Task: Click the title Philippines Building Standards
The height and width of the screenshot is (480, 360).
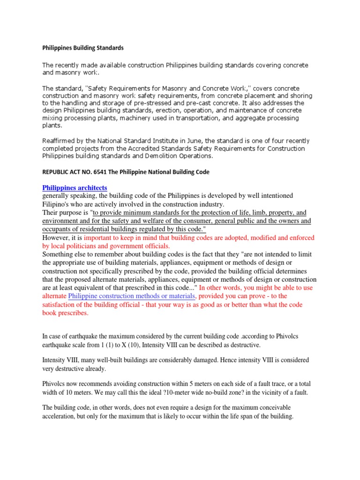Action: pyautogui.click(x=83, y=48)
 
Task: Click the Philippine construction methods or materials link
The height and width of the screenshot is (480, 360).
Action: pyautogui.click(x=132, y=296)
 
